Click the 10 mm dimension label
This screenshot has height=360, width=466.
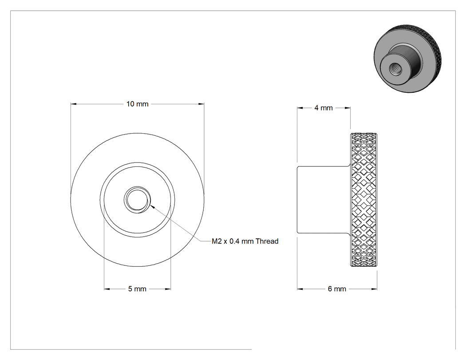(137, 104)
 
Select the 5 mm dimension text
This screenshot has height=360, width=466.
(137, 289)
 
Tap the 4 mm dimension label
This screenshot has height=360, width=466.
(324, 108)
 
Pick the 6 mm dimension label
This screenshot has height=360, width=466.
(337, 289)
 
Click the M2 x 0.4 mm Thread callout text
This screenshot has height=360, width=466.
(245, 241)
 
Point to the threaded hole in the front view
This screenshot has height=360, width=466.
(137, 199)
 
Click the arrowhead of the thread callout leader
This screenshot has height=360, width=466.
(152, 206)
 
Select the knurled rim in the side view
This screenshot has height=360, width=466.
(364, 199)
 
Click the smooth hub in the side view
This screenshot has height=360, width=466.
(324, 199)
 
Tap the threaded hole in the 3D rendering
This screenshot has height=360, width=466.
(395, 70)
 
